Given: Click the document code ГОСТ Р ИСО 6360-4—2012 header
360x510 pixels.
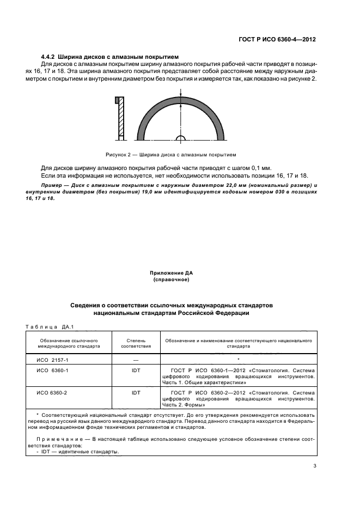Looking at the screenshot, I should (277, 40).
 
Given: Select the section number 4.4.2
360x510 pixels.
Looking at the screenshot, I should (51, 57).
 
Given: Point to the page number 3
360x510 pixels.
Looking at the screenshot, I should (314, 465).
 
